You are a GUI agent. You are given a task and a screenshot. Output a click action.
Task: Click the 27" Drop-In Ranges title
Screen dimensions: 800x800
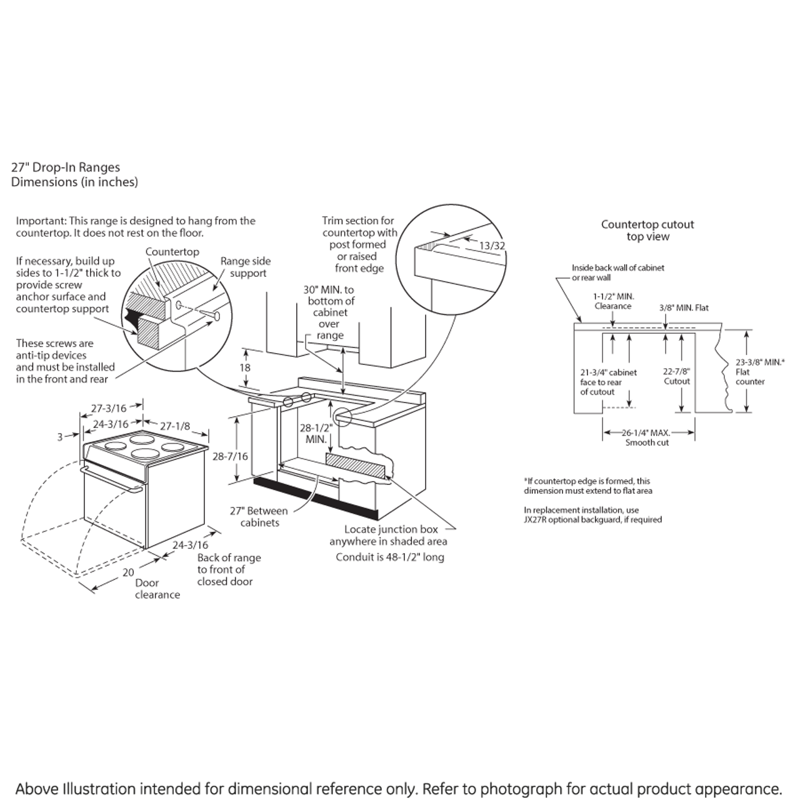[66, 167]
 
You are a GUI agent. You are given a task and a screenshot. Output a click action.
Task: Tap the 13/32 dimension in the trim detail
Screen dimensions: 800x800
[492, 246]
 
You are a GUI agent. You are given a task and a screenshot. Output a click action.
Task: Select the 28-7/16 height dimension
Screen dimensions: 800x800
[230, 456]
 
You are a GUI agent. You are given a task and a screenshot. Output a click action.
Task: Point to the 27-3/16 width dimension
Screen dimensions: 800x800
[109, 409]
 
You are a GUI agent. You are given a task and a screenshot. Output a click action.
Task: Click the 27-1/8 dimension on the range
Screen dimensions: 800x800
[175, 426]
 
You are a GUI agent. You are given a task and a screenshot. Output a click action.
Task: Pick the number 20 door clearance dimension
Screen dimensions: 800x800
[128, 572]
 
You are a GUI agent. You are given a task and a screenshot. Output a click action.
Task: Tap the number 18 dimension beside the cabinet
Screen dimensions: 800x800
[245, 367]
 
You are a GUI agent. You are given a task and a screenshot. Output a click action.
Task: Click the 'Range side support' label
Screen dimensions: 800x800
[246, 267]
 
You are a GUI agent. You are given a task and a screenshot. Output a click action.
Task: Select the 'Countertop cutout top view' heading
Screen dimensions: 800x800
[647, 230]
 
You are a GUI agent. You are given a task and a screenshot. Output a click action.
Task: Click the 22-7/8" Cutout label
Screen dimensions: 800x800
[677, 376]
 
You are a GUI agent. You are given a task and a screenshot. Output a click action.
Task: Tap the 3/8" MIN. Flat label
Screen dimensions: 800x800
[684, 307]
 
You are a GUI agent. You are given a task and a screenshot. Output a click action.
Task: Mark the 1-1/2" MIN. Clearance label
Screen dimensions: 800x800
[613, 301]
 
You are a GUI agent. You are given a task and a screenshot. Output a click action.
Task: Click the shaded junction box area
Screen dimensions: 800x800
[355, 466]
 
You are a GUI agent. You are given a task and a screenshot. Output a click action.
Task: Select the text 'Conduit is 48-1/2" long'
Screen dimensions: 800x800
[390, 557]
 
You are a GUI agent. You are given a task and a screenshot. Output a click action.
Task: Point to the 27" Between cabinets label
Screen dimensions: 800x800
[259, 516]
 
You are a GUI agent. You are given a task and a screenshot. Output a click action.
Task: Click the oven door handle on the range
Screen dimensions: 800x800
[112, 477]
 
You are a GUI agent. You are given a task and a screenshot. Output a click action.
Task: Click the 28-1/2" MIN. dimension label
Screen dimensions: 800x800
[316, 434]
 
